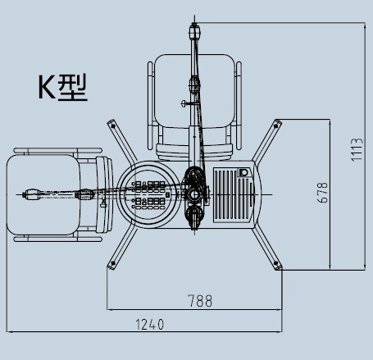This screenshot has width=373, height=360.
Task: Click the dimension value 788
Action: click(200, 301)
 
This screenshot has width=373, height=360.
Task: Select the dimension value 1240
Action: click(150, 325)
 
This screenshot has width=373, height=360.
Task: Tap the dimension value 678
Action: click(323, 193)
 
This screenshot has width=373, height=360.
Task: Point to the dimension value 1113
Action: click(357, 150)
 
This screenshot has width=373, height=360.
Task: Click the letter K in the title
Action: click(47, 88)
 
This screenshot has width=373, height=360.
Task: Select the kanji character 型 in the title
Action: click(73, 87)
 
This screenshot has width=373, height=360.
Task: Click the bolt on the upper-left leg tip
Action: click(112, 125)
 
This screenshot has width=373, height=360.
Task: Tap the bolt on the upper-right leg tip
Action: click(275, 125)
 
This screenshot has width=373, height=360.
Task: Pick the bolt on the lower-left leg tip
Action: click(112, 264)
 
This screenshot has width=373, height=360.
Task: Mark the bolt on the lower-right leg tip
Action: click(276, 264)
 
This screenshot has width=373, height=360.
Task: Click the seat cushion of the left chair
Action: click(43, 194)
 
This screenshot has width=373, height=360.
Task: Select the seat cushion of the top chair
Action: click(194, 91)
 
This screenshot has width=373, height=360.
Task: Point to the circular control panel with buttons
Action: click(149, 194)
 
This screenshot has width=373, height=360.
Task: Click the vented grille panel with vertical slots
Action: click(233, 195)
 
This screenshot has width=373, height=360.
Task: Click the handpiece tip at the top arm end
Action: click(194, 31)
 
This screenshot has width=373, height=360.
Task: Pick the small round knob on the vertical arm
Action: click(184, 103)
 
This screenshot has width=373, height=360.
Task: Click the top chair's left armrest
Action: click(150, 106)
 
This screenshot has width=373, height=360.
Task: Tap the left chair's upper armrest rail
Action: click(58, 150)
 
